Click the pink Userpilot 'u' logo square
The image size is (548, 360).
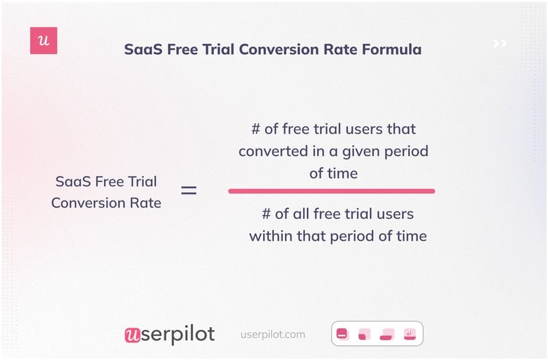[x=44, y=41]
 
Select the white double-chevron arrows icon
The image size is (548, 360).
[x=500, y=44]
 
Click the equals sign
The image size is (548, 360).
[x=188, y=191]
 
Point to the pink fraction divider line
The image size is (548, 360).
[x=332, y=191]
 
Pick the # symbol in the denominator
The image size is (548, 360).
[x=267, y=214]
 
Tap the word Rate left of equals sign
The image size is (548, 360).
[x=145, y=203]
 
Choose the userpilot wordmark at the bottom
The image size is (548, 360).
[x=169, y=334]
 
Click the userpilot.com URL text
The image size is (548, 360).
[x=273, y=335]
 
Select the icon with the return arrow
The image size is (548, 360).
[x=410, y=334]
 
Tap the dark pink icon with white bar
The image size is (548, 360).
[x=342, y=334]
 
